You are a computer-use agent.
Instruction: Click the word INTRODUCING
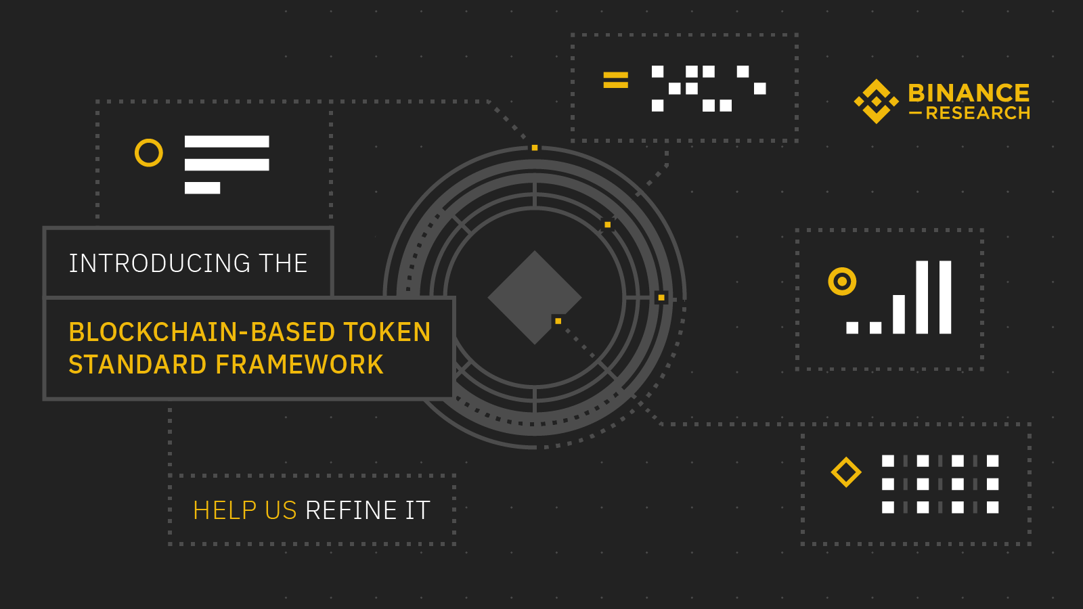pyautogui.click(x=160, y=263)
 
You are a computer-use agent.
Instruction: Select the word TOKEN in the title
pyautogui.click(x=386, y=332)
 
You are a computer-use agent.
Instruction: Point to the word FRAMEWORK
pyautogui.click(x=299, y=365)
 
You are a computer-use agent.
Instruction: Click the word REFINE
pyautogui.click(x=351, y=510)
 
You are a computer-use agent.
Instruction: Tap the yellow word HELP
pyautogui.click(x=225, y=510)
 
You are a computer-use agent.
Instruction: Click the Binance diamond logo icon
pyautogui.click(x=876, y=101)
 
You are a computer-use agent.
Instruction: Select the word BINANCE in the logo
pyautogui.click(x=969, y=93)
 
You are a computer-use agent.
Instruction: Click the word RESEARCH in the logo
pyautogui.click(x=977, y=113)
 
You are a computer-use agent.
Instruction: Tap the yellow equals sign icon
pyautogui.click(x=616, y=81)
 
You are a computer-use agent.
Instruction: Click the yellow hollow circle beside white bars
pyautogui.click(x=149, y=153)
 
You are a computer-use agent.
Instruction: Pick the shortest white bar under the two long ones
pyautogui.click(x=202, y=188)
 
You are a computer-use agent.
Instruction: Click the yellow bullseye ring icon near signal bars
pyautogui.click(x=842, y=281)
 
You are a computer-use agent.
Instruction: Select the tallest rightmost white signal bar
pyautogui.click(x=946, y=297)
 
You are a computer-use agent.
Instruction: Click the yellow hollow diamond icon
pyautogui.click(x=846, y=472)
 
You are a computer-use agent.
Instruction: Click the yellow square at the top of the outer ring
pyautogui.click(x=535, y=148)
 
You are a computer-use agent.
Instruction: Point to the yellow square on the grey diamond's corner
pyautogui.click(x=558, y=321)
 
